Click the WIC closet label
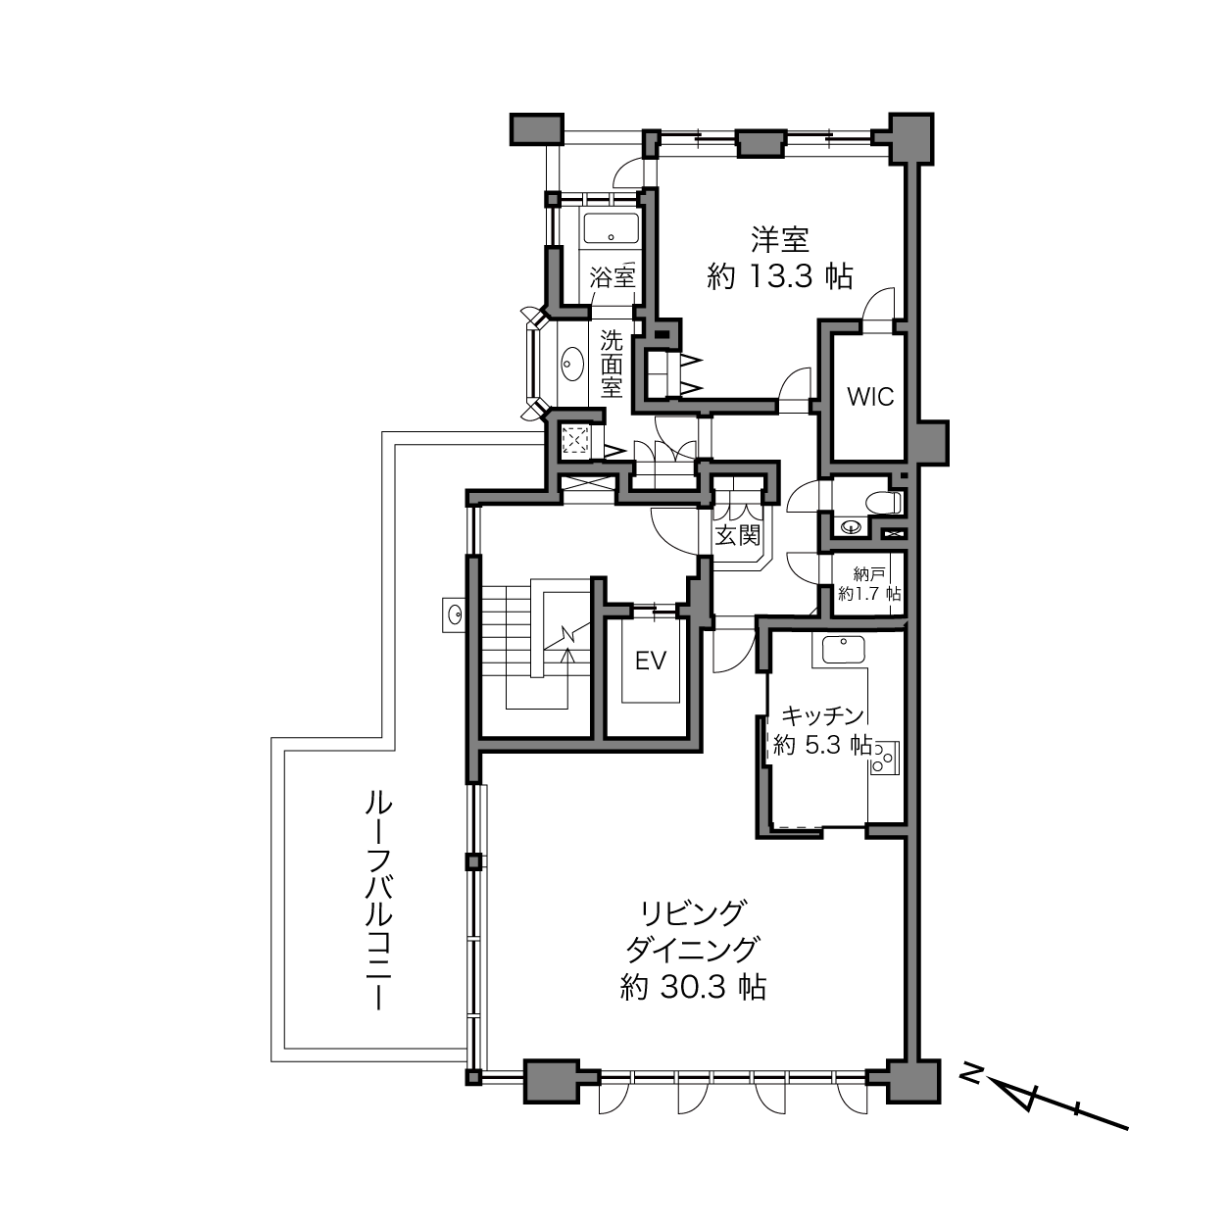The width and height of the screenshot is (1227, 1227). [x=870, y=397]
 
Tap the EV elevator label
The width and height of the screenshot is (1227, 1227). [x=651, y=661]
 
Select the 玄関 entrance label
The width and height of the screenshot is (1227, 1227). [x=737, y=535]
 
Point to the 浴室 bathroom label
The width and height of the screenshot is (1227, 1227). [x=612, y=276]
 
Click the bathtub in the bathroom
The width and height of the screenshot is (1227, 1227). [x=612, y=228]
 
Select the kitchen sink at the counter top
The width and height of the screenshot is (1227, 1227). [x=843, y=650]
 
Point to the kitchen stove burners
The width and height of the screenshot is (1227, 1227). [x=884, y=758]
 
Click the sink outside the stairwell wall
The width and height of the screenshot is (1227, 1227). [x=455, y=614]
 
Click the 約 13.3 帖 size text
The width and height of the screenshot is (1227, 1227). [x=780, y=276]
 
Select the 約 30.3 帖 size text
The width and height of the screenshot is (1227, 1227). [x=693, y=986]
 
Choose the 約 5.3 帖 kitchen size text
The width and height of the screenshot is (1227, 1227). [x=822, y=744]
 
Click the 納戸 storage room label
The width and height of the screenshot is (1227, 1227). [x=868, y=575]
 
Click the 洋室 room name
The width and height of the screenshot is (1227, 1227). [x=780, y=239]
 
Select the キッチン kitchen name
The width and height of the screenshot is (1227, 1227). [x=822, y=715]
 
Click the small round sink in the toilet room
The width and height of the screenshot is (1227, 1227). [x=851, y=527]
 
